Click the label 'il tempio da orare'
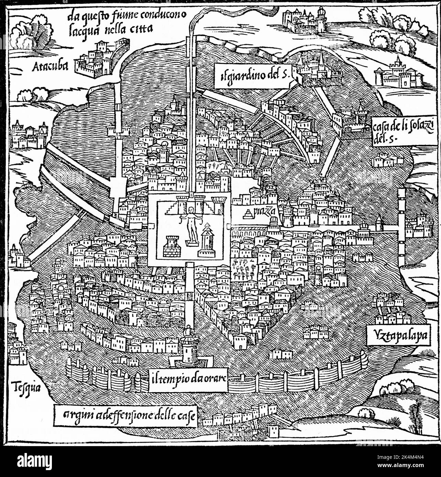click(188, 380)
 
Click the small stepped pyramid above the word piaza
click(247, 215)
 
